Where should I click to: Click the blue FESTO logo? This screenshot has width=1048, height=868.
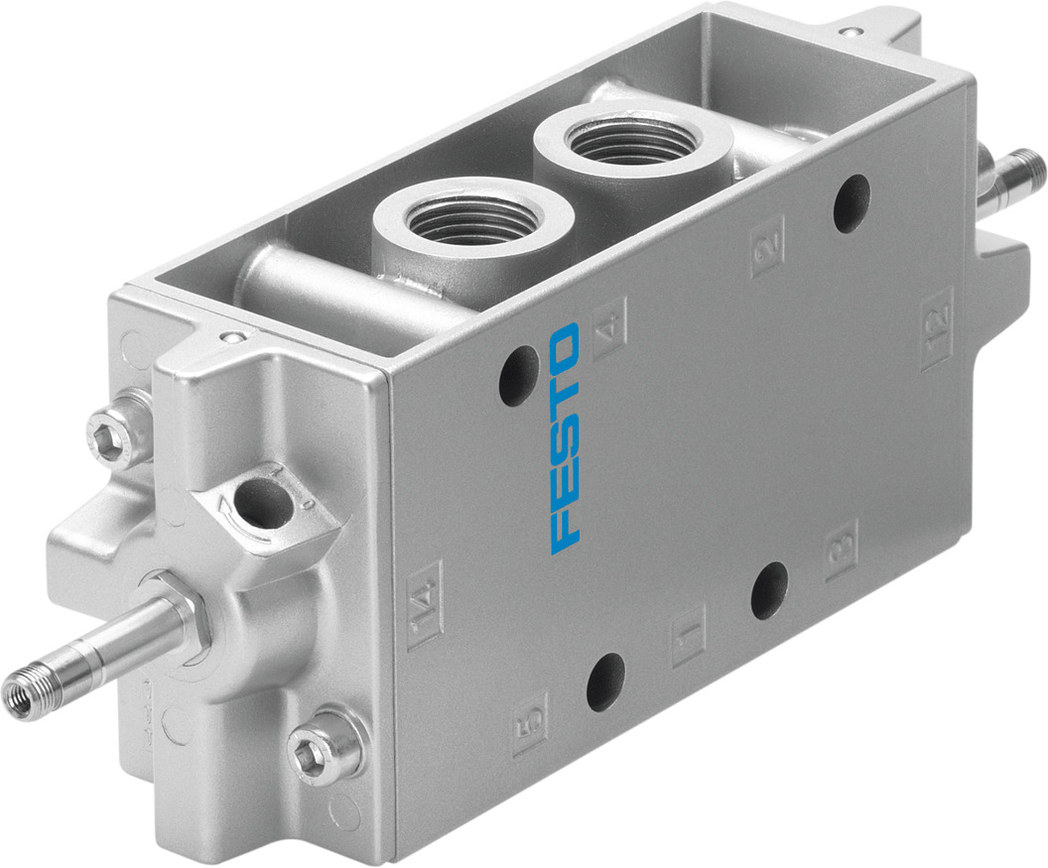(564, 436)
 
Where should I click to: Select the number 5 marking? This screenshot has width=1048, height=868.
(530, 724)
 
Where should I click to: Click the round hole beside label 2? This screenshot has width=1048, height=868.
(851, 203)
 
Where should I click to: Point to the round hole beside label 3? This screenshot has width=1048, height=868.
(769, 590)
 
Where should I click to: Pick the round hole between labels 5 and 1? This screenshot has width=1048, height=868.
(605, 682)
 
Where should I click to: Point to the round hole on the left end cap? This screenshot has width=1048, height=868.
(263, 503)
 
